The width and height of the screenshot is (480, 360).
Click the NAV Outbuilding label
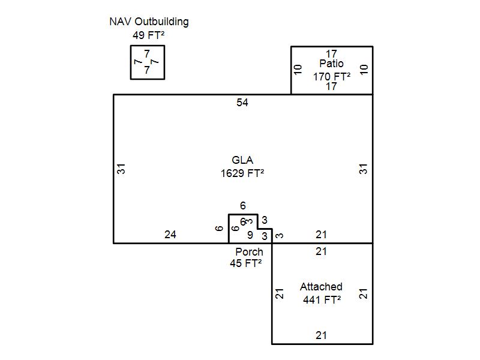[149, 22]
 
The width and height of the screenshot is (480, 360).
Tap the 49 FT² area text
[148, 35]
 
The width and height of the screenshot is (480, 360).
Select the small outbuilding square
[148, 62]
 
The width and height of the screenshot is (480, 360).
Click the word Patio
[331, 64]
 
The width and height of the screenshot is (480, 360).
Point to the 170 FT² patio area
[331, 76]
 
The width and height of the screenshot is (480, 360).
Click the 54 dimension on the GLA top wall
[242, 103]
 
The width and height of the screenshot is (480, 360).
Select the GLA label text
[242, 160]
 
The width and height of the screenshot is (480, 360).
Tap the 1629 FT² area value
[242, 173]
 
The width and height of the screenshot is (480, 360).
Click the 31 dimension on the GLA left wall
[121, 169]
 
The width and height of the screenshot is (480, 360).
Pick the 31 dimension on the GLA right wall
[364, 169]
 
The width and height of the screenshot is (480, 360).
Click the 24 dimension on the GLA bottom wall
[170, 235]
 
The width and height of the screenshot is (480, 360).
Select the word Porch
[249, 252]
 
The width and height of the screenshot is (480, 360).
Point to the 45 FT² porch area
[246, 263]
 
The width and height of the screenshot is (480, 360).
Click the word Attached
[321, 287]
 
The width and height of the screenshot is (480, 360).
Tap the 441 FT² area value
[322, 300]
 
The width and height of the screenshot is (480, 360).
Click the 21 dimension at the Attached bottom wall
[322, 335]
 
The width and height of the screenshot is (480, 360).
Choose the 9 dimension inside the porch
[250, 236]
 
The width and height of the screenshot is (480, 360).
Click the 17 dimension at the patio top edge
[331, 54]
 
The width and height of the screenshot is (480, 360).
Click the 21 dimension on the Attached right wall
[364, 294]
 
